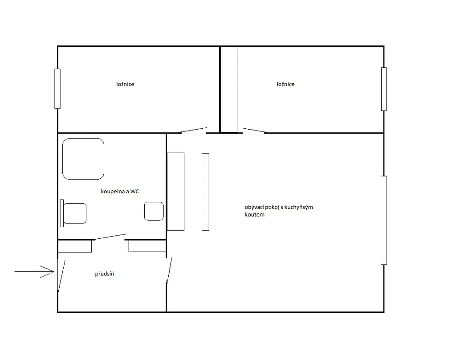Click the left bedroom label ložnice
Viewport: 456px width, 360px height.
point(125,84)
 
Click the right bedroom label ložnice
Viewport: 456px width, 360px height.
point(285,84)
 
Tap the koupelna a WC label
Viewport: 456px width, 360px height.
point(120,191)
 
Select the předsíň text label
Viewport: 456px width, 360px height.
point(104,274)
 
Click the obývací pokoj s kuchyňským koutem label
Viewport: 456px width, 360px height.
point(279,211)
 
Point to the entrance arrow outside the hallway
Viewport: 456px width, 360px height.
point(34,272)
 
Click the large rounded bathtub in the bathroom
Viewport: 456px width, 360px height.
point(83,159)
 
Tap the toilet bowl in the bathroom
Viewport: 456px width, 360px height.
point(75,213)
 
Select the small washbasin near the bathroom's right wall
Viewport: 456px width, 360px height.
point(154,211)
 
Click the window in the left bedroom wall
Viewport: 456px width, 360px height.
point(57,89)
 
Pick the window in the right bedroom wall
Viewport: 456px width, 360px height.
point(384,89)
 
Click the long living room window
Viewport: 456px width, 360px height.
point(384,220)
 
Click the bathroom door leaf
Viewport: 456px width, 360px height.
point(110,237)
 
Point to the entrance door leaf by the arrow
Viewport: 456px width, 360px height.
point(61,275)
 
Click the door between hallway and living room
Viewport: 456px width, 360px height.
point(169,270)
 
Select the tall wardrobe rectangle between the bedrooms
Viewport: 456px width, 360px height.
point(229,90)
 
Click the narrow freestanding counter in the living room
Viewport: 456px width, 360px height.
point(206,192)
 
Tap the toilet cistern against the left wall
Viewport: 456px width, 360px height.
point(61,213)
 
